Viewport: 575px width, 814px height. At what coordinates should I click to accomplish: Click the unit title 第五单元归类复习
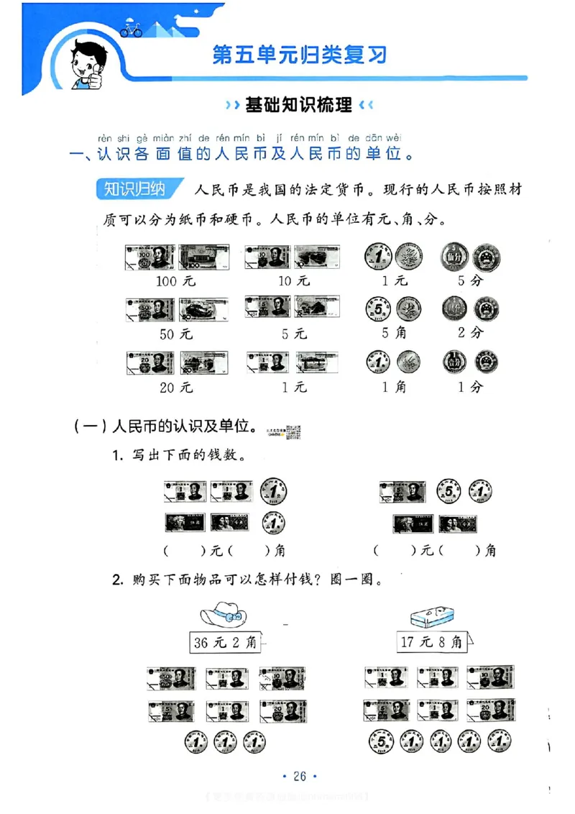[x=300, y=55]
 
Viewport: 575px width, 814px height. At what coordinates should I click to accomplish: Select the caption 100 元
[x=175, y=281]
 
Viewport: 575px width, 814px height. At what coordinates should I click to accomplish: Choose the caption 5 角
[x=393, y=334]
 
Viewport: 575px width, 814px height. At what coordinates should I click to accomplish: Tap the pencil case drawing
[x=431, y=615]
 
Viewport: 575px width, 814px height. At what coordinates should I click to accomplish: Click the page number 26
[x=300, y=776]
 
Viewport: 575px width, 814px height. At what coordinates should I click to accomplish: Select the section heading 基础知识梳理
[x=299, y=105]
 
